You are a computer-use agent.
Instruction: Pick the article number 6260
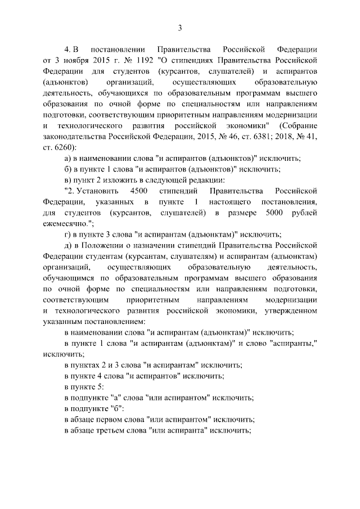(61, 146)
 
